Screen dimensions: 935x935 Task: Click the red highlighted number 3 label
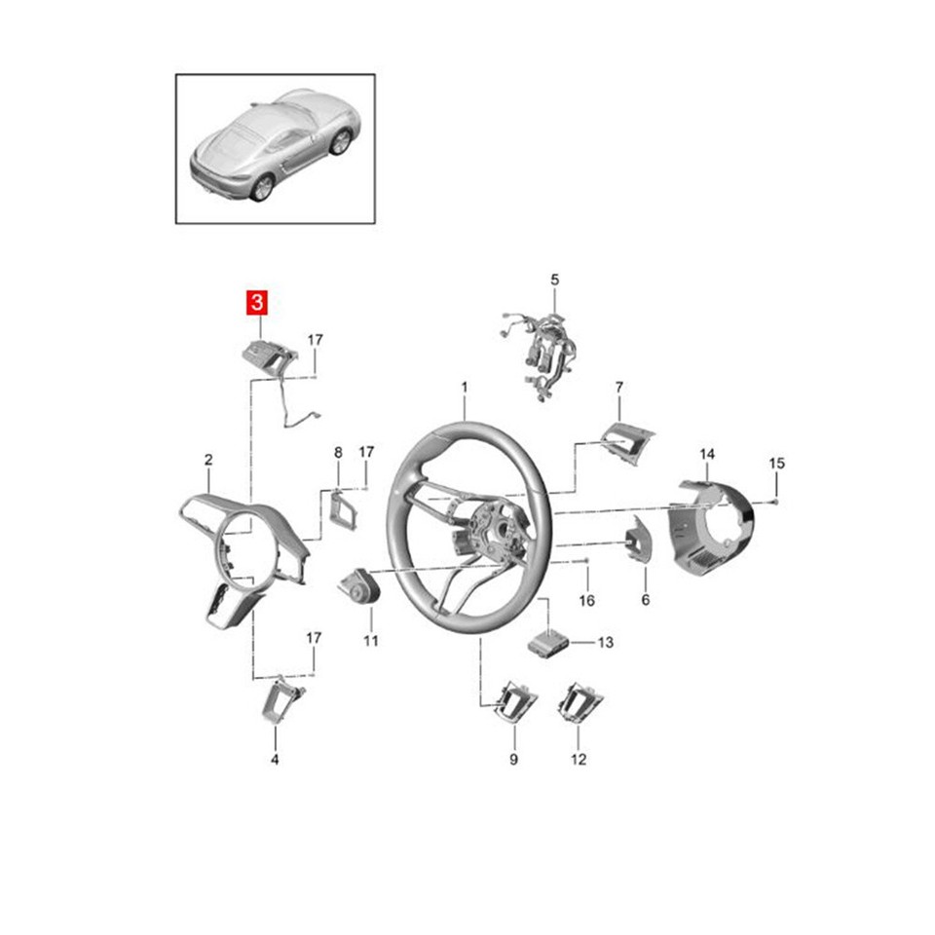(256, 302)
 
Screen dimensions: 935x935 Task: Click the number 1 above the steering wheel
(465, 388)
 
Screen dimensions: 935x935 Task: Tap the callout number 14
(707, 454)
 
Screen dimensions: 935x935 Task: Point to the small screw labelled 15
(770, 501)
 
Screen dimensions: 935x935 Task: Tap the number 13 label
(606, 643)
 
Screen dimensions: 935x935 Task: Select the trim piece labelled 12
(579, 703)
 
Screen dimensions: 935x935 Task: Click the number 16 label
(586, 601)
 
